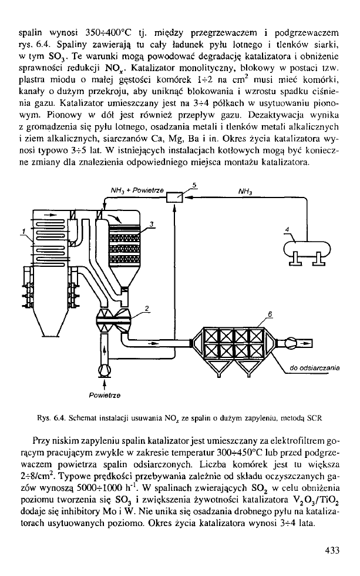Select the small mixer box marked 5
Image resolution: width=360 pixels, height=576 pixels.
point(174,199)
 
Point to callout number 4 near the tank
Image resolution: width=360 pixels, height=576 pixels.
point(287,228)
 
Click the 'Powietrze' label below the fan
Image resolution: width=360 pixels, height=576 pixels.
point(104,396)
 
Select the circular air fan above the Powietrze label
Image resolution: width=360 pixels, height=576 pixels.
point(105,370)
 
